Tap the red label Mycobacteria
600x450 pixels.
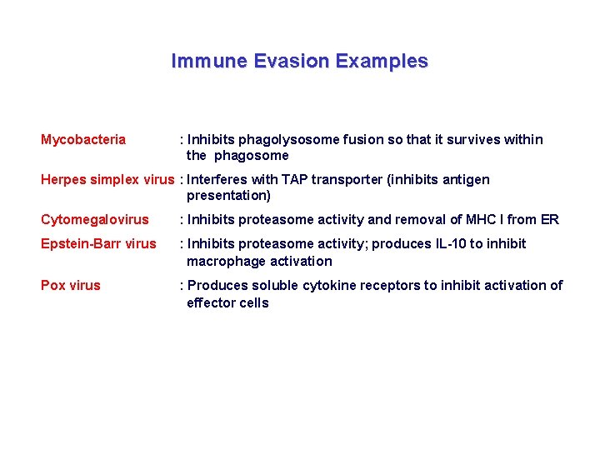(x=83, y=140)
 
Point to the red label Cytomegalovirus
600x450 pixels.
(x=95, y=220)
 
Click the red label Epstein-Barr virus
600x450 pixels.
(x=98, y=244)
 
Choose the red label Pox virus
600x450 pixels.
(x=71, y=286)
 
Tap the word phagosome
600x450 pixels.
(x=252, y=156)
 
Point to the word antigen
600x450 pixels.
(x=466, y=180)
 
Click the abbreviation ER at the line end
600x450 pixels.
(x=550, y=220)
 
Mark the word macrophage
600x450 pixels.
(x=223, y=261)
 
